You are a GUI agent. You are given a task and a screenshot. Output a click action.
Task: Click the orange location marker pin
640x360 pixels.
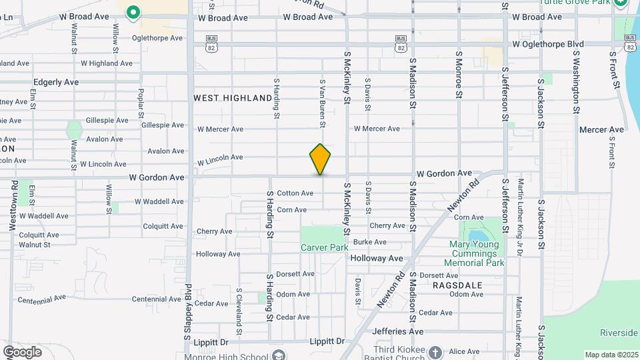point(320,159)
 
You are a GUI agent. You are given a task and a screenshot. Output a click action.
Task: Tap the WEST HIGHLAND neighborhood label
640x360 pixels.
point(233,98)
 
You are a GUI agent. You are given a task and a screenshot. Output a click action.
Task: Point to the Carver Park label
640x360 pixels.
point(325,247)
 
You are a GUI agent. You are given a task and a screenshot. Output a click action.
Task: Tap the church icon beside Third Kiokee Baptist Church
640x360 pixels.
point(435,352)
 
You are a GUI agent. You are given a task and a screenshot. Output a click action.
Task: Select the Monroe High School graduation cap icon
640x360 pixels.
point(278,354)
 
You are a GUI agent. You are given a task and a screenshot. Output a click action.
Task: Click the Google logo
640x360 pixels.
point(22,352)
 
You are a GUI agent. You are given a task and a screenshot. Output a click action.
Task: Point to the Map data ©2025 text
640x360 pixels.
point(611,355)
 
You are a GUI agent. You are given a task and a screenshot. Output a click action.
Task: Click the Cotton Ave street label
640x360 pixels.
point(295,193)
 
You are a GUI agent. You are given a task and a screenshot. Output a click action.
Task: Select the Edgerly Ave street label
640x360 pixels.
point(56,82)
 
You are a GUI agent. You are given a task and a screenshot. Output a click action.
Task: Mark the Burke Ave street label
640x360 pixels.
point(370,242)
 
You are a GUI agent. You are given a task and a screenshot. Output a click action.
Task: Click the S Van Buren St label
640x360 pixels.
point(322,103)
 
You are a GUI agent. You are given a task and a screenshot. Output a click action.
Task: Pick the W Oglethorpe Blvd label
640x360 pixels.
point(547,45)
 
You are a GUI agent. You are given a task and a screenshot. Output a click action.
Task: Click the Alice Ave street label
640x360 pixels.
point(464,351)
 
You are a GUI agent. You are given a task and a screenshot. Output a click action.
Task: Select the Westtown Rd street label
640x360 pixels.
point(13,205)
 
